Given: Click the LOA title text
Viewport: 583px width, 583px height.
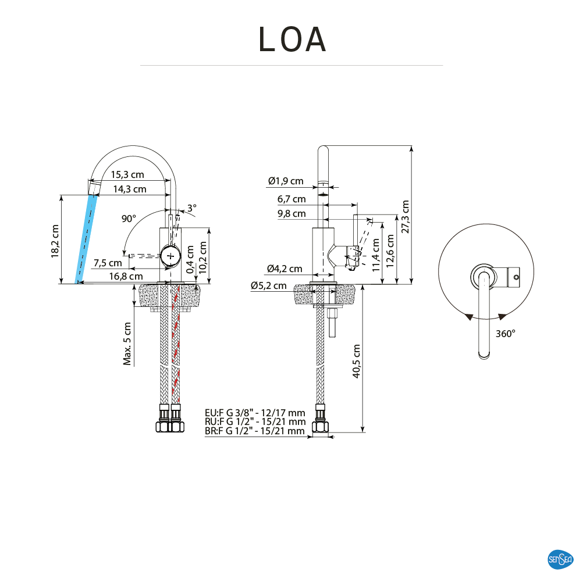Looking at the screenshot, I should pyautogui.click(x=293, y=40).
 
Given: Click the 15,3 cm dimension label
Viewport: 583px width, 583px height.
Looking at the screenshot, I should pyautogui.click(x=127, y=174).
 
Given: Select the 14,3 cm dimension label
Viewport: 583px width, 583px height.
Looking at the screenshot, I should pyautogui.click(x=129, y=189).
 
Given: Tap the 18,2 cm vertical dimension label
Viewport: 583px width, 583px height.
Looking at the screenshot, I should pyautogui.click(x=55, y=241).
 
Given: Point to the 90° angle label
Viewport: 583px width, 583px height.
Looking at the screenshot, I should pyautogui.click(x=129, y=219).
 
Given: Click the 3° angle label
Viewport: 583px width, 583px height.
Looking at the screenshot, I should pyautogui.click(x=192, y=208).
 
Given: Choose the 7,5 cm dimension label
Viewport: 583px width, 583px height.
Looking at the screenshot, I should pyautogui.click(x=108, y=262).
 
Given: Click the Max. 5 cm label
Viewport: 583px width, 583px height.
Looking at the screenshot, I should pyautogui.click(x=127, y=344).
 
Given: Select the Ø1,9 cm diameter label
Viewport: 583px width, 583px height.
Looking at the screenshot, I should pyautogui.click(x=286, y=181).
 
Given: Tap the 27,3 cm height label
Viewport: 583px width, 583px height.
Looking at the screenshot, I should pyautogui.click(x=405, y=216).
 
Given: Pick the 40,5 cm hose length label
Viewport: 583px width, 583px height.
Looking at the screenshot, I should pyautogui.click(x=356, y=361).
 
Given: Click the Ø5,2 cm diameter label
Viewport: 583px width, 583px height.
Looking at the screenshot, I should pyautogui.click(x=269, y=285).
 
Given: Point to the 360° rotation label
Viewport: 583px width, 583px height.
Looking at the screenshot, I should pyautogui.click(x=505, y=334).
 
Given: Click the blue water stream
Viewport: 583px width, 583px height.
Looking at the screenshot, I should pyautogui.click(x=86, y=238).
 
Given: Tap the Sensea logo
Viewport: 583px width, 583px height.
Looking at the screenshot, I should pyautogui.click(x=561, y=560).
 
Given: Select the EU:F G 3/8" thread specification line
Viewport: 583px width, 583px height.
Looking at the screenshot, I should pyautogui.click(x=255, y=413).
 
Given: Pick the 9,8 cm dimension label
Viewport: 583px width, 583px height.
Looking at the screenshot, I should pyautogui.click(x=291, y=213).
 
